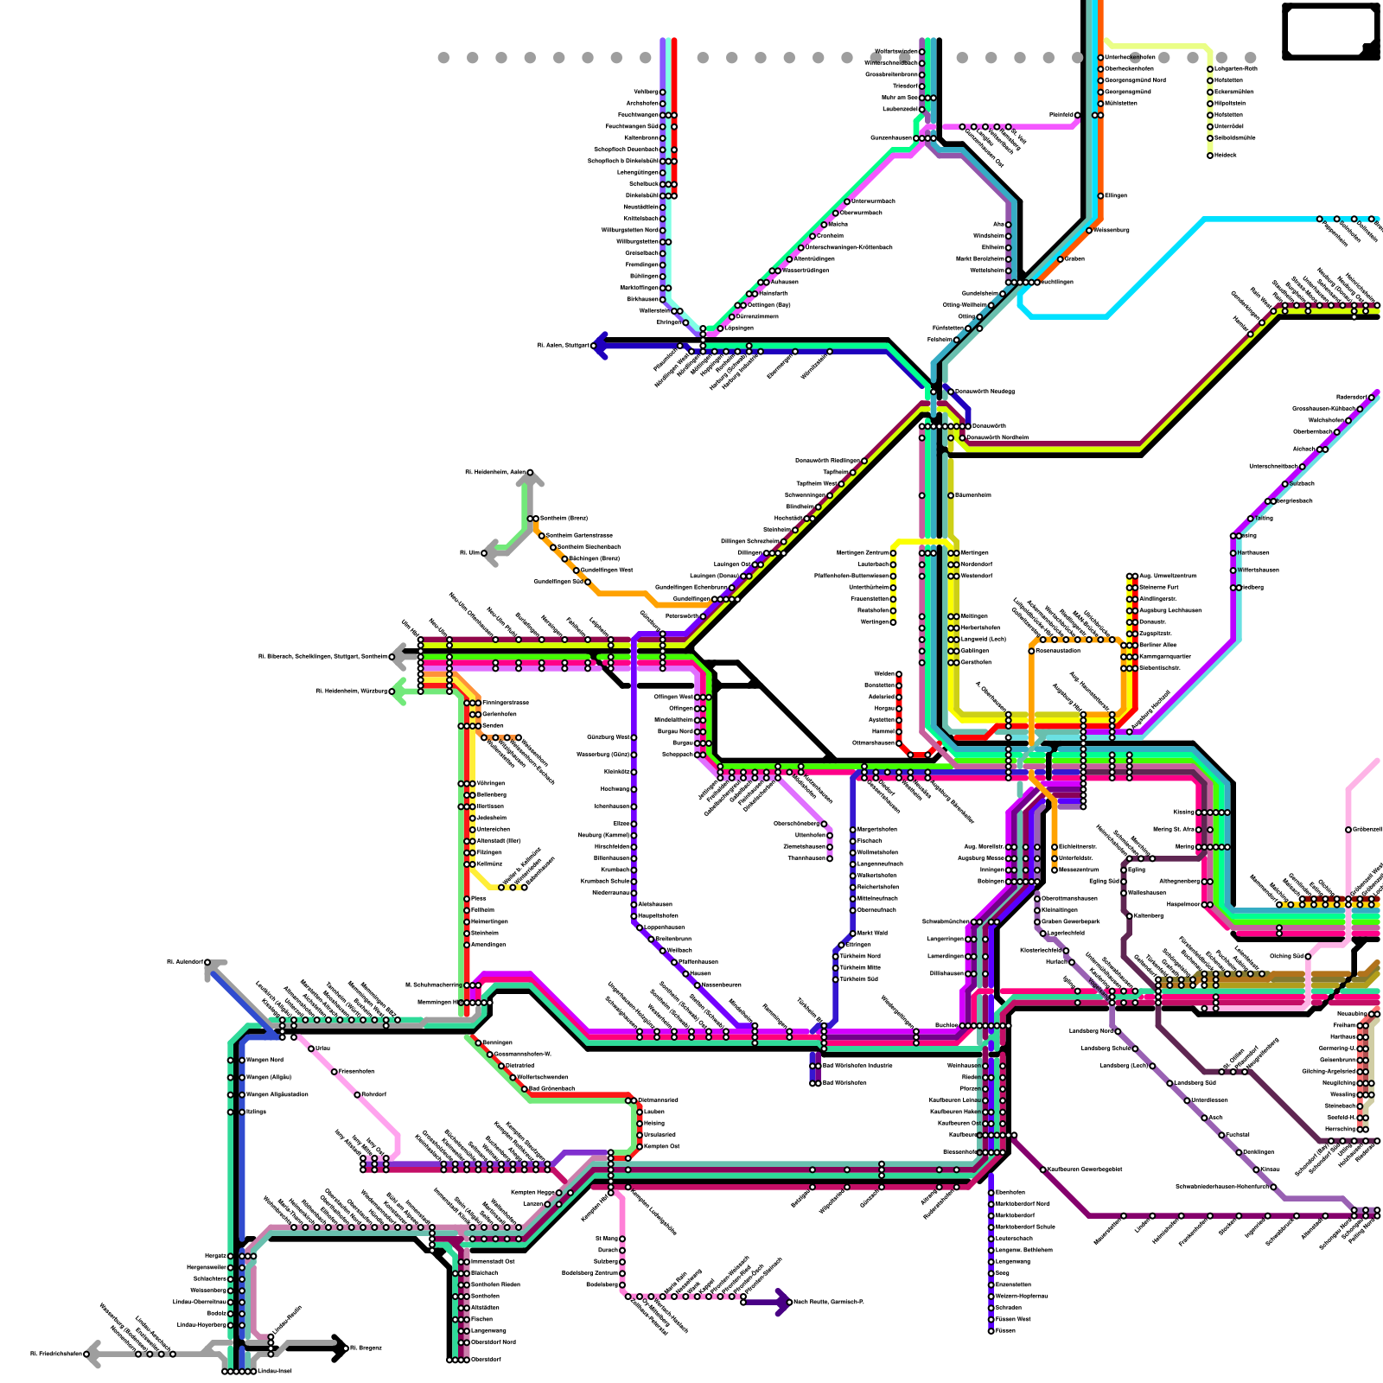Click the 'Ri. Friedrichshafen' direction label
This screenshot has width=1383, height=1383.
(57, 1354)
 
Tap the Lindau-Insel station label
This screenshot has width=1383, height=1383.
(274, 1371)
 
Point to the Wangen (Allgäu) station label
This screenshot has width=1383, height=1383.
(269, 1077)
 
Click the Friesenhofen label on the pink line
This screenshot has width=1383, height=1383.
(356, 1071)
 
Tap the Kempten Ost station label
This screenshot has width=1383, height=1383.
(662, 1146)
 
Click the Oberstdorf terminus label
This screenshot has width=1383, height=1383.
(487, 1359)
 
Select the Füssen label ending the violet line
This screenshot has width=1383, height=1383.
(1005, 1330)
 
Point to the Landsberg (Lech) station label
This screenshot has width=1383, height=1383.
(1124, 1066)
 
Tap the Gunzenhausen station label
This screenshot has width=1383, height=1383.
(891, 138)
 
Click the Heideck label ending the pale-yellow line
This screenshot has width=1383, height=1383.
(1226, 155)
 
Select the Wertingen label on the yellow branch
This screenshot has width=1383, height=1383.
(875, 621)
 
